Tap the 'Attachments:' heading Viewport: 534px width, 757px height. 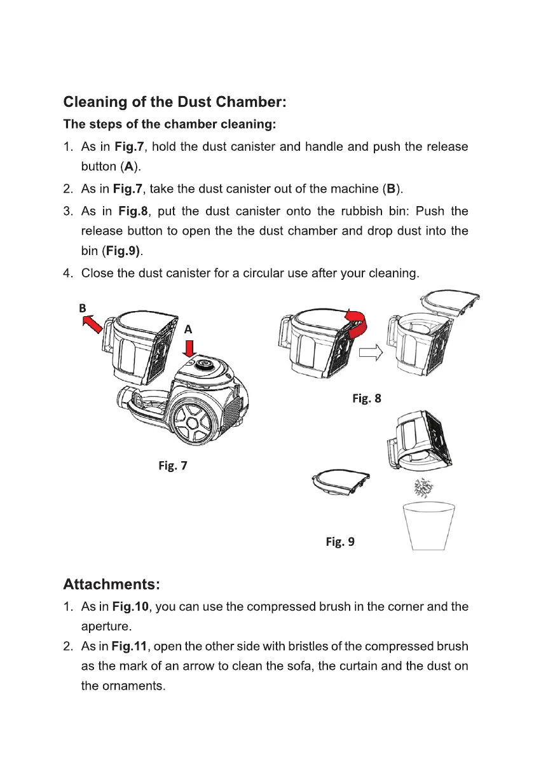[x=111, y=583]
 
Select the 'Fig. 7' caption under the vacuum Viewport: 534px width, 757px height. [x=172, y=466]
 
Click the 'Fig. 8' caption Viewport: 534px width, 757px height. [x=367, y=399]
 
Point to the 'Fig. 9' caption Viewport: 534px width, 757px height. [x=340, y=541]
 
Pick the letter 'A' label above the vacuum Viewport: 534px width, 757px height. [x=188, y=330]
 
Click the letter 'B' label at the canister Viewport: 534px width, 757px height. [x=82, y=308]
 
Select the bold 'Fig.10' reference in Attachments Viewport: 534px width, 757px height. [x=132, y=607]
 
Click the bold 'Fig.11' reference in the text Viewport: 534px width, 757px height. [x=130, y=647]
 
